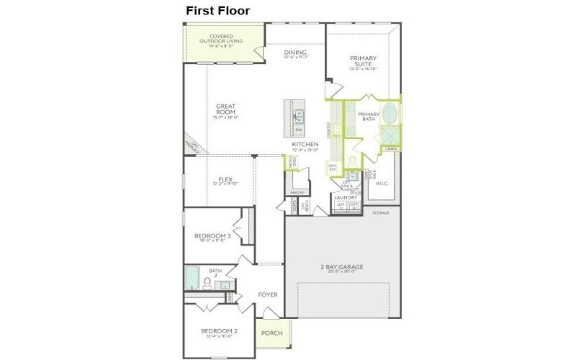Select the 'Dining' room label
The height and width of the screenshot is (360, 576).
coord(295,53)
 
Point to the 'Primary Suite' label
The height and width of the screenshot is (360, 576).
coord(364,61)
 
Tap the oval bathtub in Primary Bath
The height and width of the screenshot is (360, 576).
coord(389,114)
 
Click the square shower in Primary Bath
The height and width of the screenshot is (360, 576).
coord(389,136)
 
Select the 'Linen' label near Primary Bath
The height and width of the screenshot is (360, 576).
coord(391,150)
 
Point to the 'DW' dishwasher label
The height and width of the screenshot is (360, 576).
coord(298,130)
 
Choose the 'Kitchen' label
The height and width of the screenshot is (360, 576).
coord(305,145)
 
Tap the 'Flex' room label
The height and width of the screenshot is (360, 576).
coord(225,180)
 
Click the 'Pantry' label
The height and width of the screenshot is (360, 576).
coord(297,193)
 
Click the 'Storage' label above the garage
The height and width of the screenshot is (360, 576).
coord(381,213)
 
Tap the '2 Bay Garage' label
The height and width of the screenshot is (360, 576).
coord(341,267)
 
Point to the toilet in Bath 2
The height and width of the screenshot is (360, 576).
coord(208,282)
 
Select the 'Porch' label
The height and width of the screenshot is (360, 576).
coord(271,333)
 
